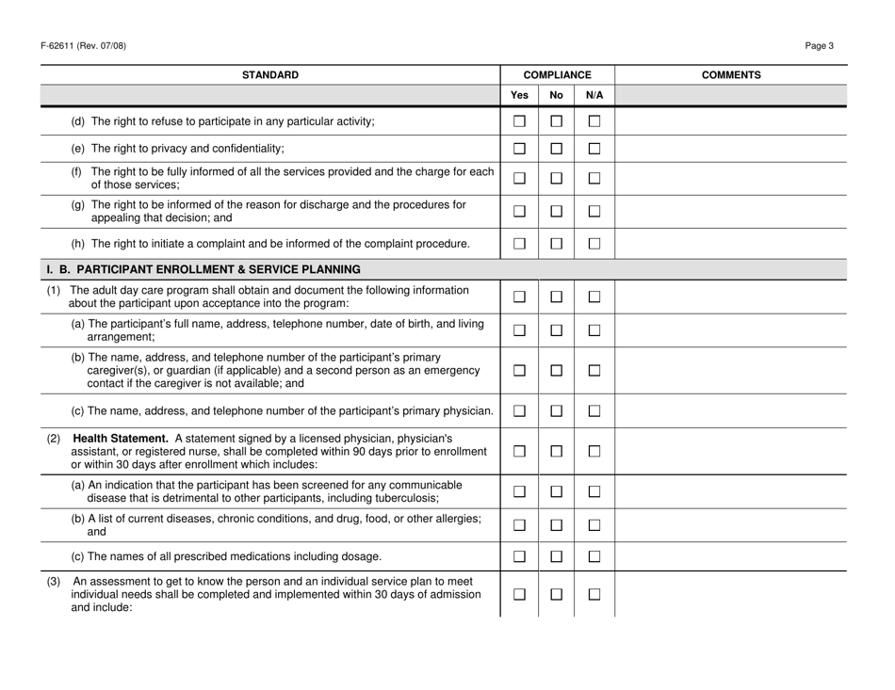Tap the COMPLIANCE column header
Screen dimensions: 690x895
point(557,73)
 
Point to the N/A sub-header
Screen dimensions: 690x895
point(594,95)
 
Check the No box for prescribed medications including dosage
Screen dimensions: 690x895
point(557,551)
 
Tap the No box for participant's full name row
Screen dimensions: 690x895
point(557,329)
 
